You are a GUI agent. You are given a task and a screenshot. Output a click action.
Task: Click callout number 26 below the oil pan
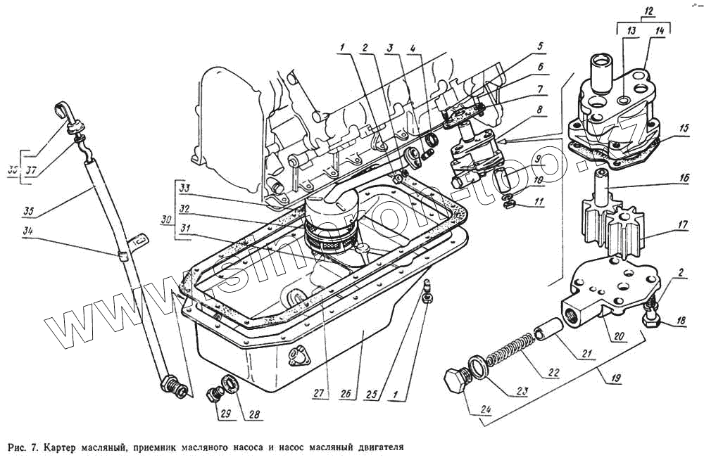(x=345, y=395)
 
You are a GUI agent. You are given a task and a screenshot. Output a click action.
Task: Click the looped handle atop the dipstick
(x=63, y=112)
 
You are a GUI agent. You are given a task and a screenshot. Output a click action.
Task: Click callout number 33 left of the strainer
(x=185, y=188)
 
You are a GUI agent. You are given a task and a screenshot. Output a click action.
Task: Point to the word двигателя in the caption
(x=375, y=447)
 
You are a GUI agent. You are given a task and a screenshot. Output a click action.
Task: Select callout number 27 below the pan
(x=321, y=395)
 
